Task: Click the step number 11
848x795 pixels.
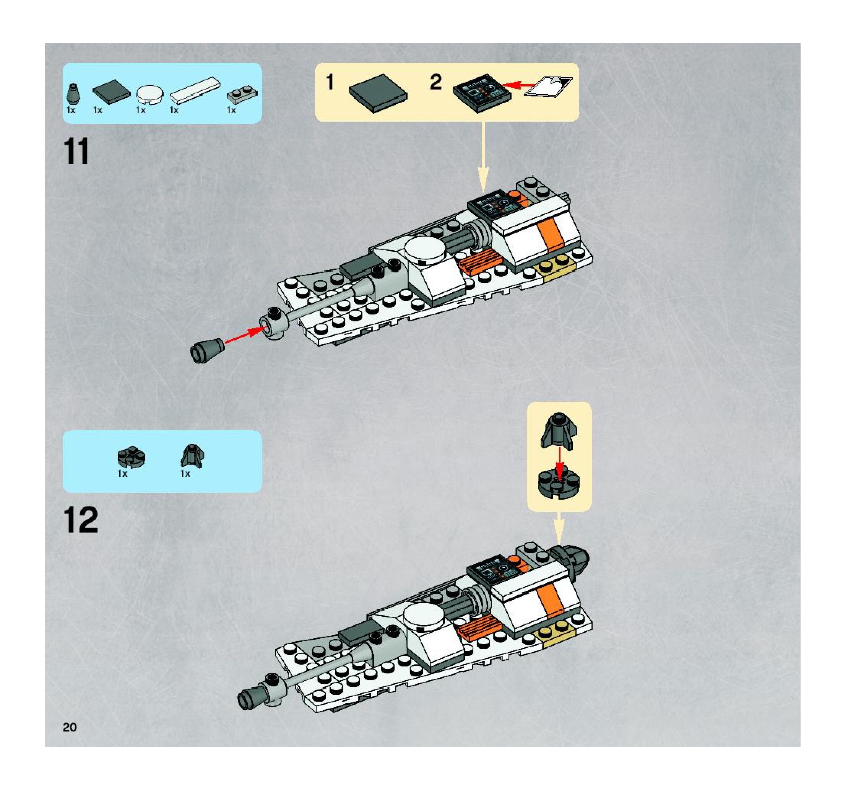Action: click(77, 151)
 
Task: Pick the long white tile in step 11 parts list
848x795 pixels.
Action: click(195, 90)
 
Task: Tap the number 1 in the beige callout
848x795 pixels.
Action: click(330, 82)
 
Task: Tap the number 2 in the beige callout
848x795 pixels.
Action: click(435, 82)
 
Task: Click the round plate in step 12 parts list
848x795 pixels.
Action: click(132, 457)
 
